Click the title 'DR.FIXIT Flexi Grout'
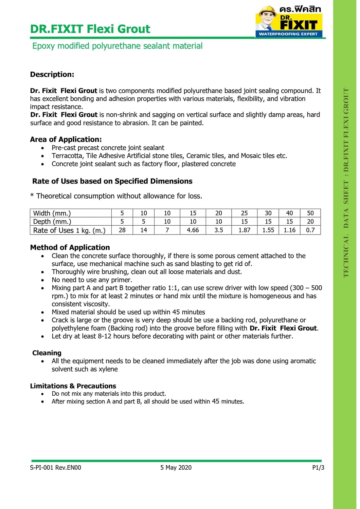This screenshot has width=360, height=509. click(x=90, y=29)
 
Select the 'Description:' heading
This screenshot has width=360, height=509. click(x=52, y=74)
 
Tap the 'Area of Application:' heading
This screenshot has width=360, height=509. click(x=66, y=139)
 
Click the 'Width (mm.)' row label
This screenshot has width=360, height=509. click(x=52, y=213)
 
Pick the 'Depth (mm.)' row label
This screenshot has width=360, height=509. click(x=52, y=222)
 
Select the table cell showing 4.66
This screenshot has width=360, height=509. click(x=193, y=230)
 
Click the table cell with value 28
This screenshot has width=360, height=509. click(x=122, y=230)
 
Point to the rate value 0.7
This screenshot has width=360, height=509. click(x=310, y=230)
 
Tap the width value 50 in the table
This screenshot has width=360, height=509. click(x=310, y=213)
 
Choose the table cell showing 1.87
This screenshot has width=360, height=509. click(x=244, y=230)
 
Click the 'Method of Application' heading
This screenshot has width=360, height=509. click(x=70, y=247)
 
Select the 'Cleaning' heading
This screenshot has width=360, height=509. click(x=47, y=353)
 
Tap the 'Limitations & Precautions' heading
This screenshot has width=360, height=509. click(x=73, y=386)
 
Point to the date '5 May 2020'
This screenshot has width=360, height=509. click(x=176, y=468)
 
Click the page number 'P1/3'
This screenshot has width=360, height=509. click(x=318, y=468)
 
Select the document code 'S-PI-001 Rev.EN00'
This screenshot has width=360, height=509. click(x=56, y=468)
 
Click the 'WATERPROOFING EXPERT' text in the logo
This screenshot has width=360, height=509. click(x=288, y=34)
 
